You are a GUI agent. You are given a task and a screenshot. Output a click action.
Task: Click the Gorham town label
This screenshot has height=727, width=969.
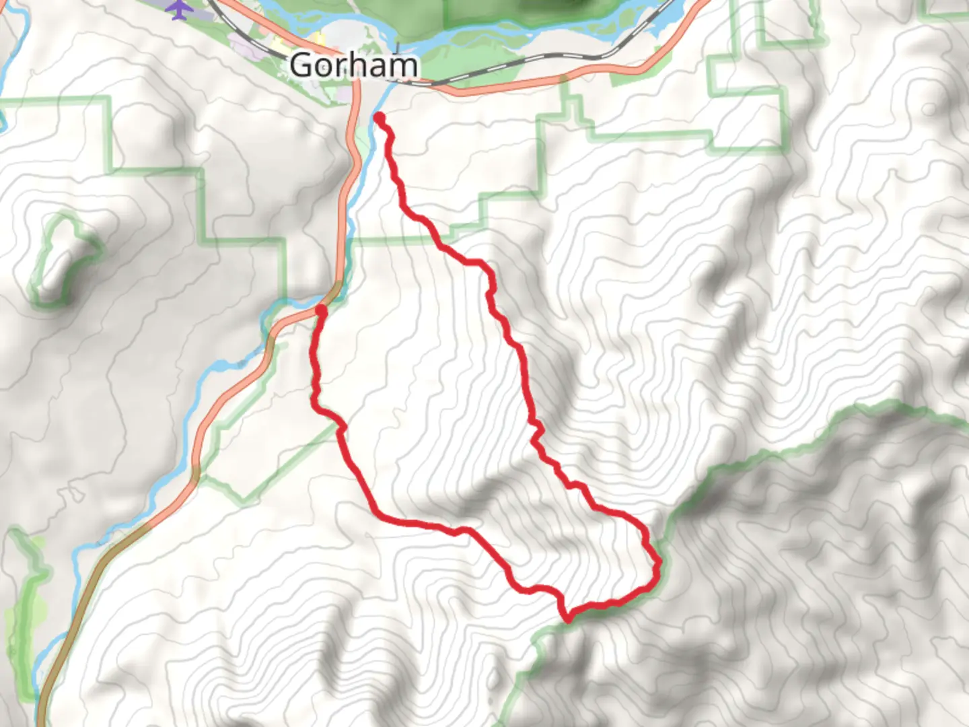pyautogui.click(x=353, y=66)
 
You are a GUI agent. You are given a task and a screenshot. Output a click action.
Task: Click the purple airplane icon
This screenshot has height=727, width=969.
pyautogui.click(x=178, y=9)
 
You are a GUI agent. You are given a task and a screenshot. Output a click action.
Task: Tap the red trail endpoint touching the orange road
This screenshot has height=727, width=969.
pyautogui.click(x=321, y=310)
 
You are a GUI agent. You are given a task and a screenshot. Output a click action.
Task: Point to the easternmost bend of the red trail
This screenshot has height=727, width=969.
pyautogui.click(x=657, y=560)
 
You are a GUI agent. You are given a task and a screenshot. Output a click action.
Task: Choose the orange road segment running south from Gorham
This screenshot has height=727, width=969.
pyautogui.click(x=349, y=168)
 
